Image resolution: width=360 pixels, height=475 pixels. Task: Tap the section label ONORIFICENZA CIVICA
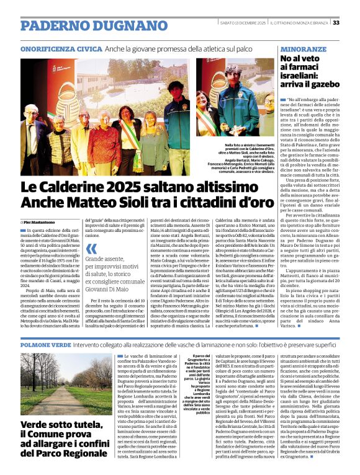pos(61,48)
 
